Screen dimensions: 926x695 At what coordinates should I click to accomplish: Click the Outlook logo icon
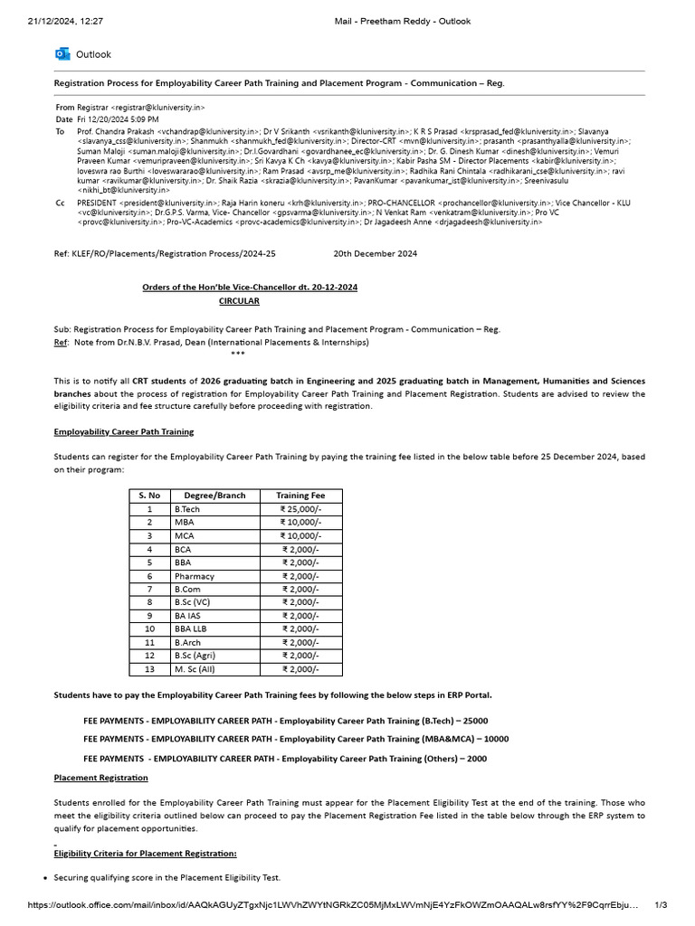[62, 54]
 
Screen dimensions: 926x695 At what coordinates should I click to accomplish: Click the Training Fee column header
[300, 496]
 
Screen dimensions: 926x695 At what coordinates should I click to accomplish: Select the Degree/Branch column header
[214, 496]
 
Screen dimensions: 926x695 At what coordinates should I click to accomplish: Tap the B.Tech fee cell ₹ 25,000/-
[300, 509]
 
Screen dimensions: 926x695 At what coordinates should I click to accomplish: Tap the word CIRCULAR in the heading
[239, 300]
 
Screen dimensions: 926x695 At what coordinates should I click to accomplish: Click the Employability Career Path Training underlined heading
[123, 431]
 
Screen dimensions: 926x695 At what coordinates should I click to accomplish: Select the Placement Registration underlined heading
[100, 778]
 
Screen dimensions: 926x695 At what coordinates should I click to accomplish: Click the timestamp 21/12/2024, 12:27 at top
[65, 21]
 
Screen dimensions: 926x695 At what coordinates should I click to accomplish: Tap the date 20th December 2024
[375, 254]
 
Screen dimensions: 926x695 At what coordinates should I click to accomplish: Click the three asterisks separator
[238, 354]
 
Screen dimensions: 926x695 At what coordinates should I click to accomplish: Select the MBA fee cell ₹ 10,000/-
[300, 523]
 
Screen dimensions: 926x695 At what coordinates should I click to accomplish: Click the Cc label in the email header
[60, 203]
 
